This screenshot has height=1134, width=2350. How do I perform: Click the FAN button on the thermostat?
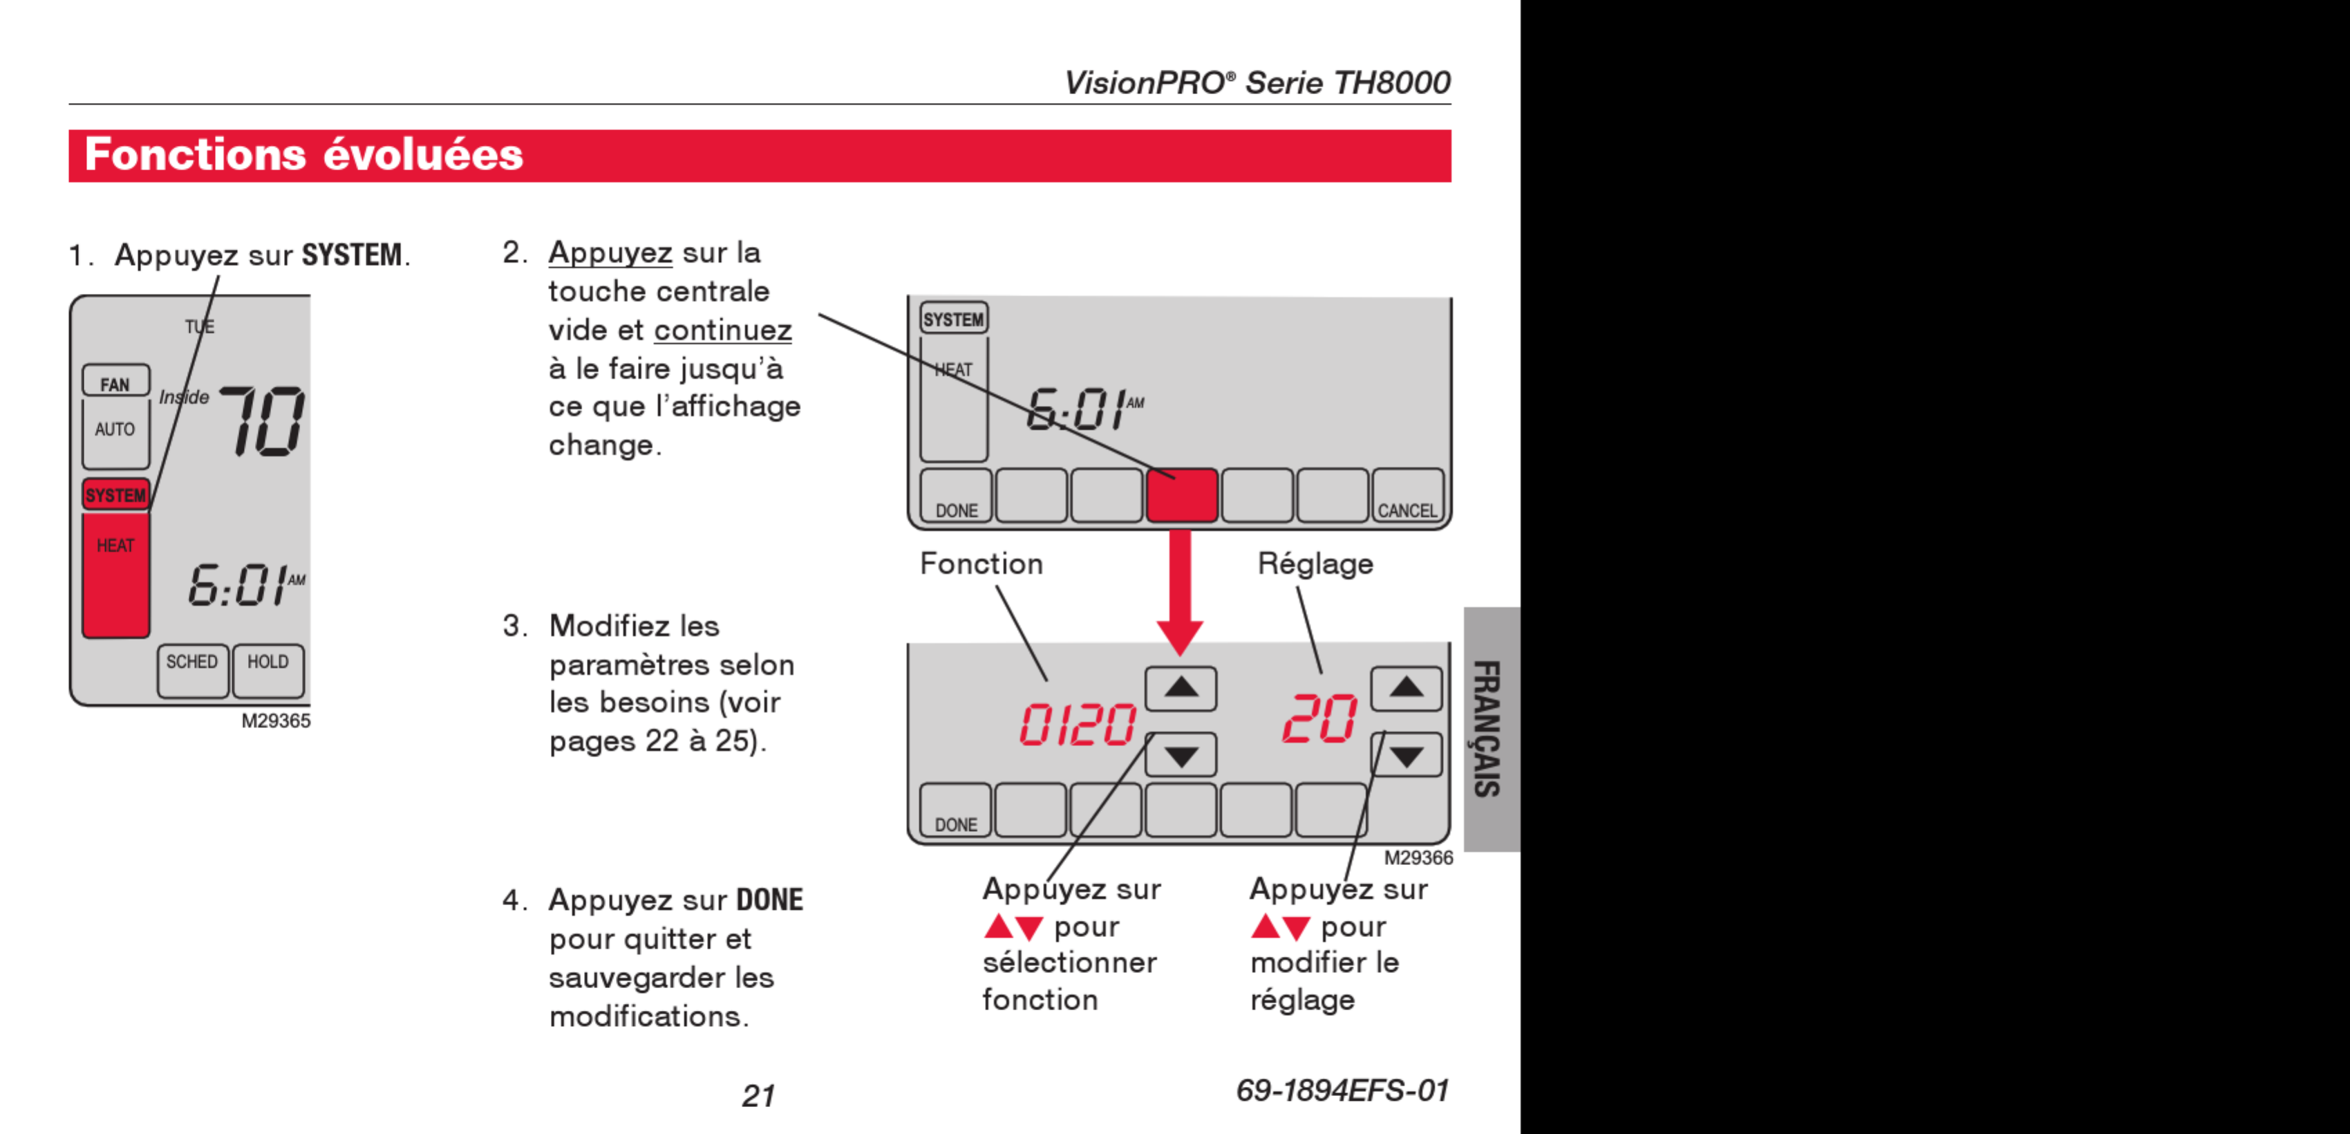click(115, 382)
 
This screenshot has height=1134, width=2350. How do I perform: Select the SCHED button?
click(191, 669)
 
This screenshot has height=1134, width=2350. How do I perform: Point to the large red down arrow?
click(1180, 593)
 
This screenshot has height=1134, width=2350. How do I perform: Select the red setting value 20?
click(1319, 720)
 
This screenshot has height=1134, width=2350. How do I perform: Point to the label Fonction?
click(981, 564)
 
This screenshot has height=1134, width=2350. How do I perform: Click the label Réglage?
click(1315, 564)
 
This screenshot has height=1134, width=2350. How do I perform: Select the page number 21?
click(758, 1095)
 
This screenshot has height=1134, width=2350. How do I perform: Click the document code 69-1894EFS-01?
click(1342, 1090)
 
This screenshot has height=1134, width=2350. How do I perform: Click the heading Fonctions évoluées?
click(304, 155)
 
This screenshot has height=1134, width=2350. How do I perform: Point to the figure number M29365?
click(276, 721)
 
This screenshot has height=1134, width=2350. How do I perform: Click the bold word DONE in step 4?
click(769, 900)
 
